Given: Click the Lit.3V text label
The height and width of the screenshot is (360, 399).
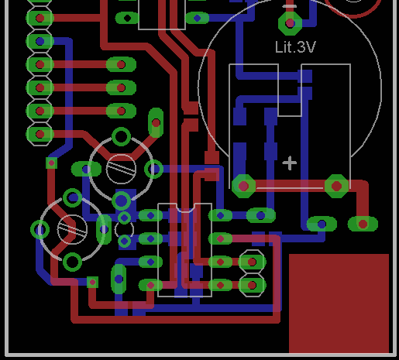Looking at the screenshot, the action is pos(295,47).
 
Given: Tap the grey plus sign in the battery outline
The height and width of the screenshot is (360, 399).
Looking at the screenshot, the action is pos(290,163).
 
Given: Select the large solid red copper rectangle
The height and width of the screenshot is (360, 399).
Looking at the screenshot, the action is pos(339,303).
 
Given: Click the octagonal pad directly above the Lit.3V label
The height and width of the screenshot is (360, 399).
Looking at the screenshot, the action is pos(290,23).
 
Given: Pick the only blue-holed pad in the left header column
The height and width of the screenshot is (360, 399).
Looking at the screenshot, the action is pos(40,41).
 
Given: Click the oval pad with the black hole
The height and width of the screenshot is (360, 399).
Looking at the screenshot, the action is pos(127,18).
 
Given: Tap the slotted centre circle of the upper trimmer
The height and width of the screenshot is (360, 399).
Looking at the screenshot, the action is pos(121,169).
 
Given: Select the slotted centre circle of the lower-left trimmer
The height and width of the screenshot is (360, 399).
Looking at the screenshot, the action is pos(72,229).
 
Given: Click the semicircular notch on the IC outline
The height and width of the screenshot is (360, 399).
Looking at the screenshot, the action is pos(185,207).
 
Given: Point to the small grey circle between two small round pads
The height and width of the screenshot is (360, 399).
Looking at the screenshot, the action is pos(124,229).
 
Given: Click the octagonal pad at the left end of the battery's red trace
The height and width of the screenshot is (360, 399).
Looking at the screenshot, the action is pos(243,186).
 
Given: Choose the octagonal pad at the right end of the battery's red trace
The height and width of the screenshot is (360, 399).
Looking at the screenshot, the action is pos(336,186).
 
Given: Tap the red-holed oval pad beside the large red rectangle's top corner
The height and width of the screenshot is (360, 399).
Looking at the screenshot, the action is pos(363,224).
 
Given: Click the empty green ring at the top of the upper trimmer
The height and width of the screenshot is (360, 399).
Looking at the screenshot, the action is pos(121,136).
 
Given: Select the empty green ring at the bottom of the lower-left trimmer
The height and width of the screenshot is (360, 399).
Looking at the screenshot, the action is pos(72,262).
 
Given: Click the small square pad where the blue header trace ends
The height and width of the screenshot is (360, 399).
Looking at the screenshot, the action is pos(51,163).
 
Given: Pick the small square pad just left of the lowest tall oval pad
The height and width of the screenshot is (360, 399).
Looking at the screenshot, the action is pos(92,283).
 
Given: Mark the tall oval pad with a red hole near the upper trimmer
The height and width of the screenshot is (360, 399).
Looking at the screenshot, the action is pos(156,123).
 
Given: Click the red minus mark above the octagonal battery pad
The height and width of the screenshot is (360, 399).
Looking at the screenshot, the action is pos(290,6).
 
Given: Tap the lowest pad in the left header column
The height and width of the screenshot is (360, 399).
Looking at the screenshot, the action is pos(40,134).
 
